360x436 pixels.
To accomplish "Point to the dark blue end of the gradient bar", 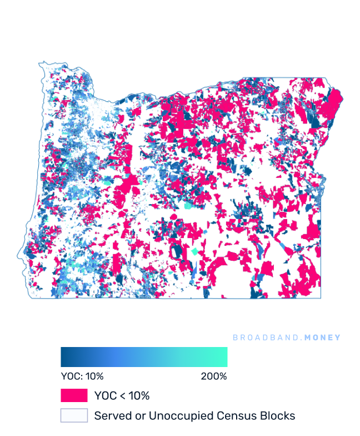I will click(x=64, y=357).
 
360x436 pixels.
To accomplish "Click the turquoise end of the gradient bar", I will click(x=224, y=357).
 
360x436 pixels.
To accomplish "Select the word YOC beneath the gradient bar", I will click(x=70, y=376).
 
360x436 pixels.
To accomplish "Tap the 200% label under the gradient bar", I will click(x=214, y=376).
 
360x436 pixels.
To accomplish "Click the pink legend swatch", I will click(x=74, y=395).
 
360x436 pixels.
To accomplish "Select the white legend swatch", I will click(x=74, y=415).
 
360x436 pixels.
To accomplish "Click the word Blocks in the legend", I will click(x=274, y=415).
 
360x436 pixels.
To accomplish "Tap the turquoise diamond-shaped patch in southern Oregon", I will click(x=194, y=252).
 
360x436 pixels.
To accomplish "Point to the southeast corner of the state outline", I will click(x=321, y=298).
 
